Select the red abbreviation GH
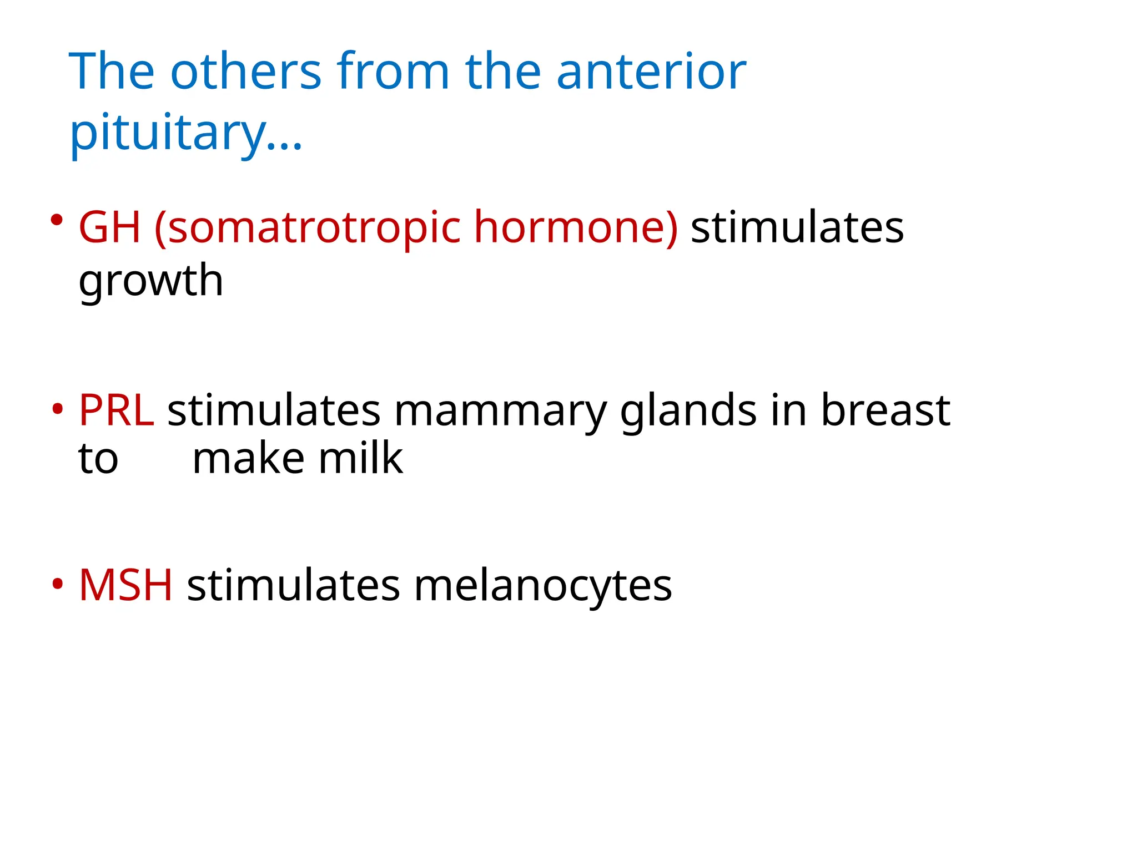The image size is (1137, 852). [x=109, y=227]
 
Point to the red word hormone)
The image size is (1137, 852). [x=576, y=227]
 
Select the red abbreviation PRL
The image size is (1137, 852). [x=116, y=410]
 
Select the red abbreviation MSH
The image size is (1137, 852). [x=125, y=585]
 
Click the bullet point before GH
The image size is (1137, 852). [x=56, y=220]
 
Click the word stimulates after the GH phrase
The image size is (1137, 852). [x=797, y=227]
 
